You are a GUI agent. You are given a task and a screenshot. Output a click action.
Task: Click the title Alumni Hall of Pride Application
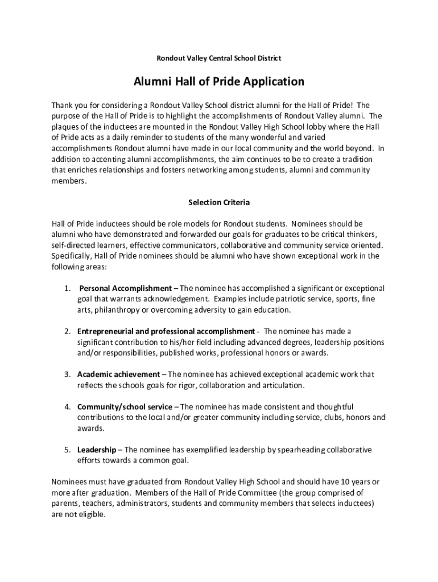218,82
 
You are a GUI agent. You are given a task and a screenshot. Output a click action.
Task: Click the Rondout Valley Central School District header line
218,58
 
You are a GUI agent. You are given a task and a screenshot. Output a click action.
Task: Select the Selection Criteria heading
218,202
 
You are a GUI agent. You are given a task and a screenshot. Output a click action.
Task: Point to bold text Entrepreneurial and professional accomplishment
166,331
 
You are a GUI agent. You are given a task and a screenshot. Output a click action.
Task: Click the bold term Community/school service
125,407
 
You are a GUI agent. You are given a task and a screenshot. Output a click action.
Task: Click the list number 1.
67,288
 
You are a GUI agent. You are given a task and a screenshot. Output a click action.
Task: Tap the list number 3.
67,375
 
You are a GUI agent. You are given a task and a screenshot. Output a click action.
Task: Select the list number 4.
67,407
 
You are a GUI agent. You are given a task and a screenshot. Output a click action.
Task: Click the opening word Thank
62,105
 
